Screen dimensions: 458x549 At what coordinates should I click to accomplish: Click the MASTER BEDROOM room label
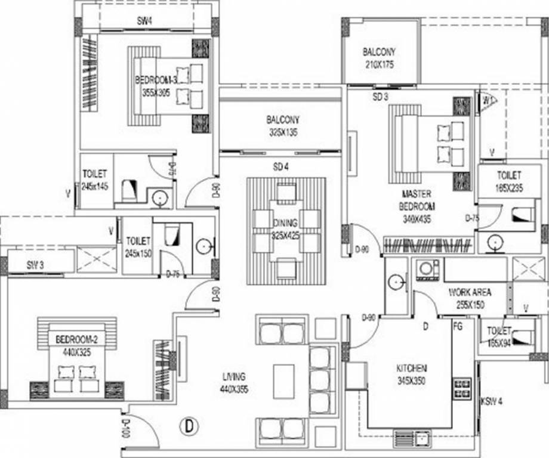(x=418, y=206)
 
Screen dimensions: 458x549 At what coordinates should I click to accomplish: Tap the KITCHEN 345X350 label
(x=412, y=373)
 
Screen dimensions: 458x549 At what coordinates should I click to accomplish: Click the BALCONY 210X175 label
(x=379, y=58)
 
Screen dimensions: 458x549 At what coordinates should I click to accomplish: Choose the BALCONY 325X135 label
(x=283, y=126)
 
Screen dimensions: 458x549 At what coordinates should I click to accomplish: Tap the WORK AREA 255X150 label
(x=470, y=298)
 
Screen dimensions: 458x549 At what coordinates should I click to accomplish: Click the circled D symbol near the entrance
(x=189, y=426)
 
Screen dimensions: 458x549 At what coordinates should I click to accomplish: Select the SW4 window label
(x=145, y=21)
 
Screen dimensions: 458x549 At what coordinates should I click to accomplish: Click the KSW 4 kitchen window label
(x=491, y=401)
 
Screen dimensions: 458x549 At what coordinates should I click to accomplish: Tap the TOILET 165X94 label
(x=498, y=336)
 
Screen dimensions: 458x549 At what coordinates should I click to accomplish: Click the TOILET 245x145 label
(x=95, y=180)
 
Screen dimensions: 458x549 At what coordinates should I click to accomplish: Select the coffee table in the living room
(x=283, y=380)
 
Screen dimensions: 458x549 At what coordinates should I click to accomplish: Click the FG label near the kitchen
(x=458, y=326)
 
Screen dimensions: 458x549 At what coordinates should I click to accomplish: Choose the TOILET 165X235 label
(x=509, y=181)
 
